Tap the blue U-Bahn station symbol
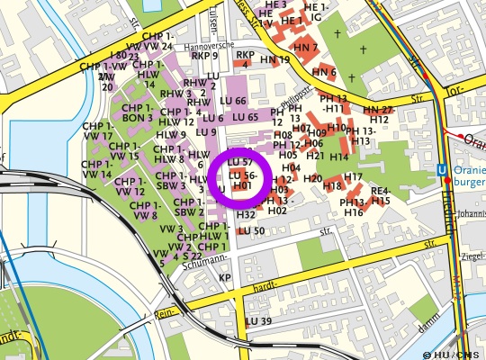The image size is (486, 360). [x=442, y=168]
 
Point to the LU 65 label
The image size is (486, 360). [x=246, y=117]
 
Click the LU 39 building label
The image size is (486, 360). [x=258, y=321]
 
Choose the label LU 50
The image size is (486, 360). [x=252, y=230]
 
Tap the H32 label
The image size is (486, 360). [x=247, y=215]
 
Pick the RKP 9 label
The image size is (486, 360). [x=205, y=56]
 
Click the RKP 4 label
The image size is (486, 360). [x=245, y=59]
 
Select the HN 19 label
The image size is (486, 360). [x=275, y=60]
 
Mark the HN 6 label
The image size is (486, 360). [x=324, y=72]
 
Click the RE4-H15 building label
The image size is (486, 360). [x=381, y=195]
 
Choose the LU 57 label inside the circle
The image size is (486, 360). [x=240, y=160]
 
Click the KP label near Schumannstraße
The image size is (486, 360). [x=225, y=278]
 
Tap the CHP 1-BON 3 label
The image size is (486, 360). [x=138, y=112]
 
